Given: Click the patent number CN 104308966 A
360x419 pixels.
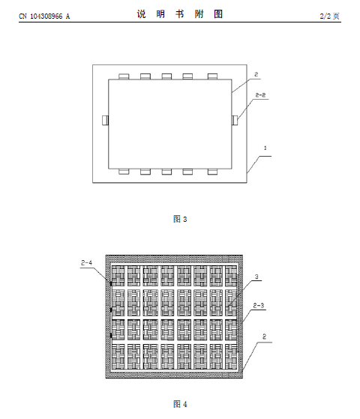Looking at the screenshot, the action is coord(44,16).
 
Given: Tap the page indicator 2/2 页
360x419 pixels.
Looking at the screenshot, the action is coord(329,16).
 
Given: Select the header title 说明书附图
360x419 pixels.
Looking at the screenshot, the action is coord(180,14).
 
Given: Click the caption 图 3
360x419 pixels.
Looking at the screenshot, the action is coord(180,219).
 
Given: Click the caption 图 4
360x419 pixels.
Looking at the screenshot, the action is coord(180,404).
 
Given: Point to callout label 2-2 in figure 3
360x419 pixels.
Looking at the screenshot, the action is coord(260,95).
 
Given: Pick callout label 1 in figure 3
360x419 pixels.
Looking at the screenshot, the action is coord(265,148).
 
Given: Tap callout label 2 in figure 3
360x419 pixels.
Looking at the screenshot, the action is coord(256,74).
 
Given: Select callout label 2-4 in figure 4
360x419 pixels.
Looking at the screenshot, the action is coord(86,263).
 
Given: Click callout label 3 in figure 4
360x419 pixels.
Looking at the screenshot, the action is coord(256,277).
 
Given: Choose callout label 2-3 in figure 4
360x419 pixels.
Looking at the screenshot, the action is coord(259,305).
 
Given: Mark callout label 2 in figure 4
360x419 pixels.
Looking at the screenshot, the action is coord(264,337).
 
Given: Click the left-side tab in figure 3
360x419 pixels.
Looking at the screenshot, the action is coord(105,120).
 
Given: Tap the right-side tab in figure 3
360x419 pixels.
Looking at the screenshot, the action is coord(235,120).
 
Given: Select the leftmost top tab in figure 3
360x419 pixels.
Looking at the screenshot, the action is coord(124,76).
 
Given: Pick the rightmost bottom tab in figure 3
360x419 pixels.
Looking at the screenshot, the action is coord(213,172).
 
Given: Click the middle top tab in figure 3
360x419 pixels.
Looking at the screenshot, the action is coord(166,76).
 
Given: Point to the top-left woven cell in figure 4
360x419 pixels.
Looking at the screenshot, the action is coord(118,276).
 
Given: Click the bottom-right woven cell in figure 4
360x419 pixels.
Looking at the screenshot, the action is coord(231,357).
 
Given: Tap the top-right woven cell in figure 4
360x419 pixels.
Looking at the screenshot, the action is coord(231,276).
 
